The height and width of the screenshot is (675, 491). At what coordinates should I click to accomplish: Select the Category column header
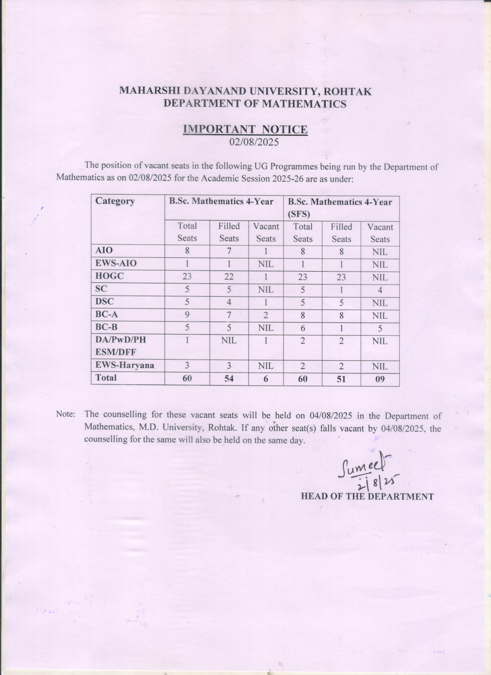pyautogui.click(x=115, y=201)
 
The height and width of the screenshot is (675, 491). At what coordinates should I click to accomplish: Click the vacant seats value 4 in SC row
pyautogui.click(x=380, y=290)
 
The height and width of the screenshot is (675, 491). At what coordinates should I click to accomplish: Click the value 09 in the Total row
pyautogui.click(x=380, y=379)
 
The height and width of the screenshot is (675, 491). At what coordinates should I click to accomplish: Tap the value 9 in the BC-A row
pyautogui.click(x=187, y=315)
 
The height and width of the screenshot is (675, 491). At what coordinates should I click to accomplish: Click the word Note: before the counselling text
pyautogui.click(x=65, y=415)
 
